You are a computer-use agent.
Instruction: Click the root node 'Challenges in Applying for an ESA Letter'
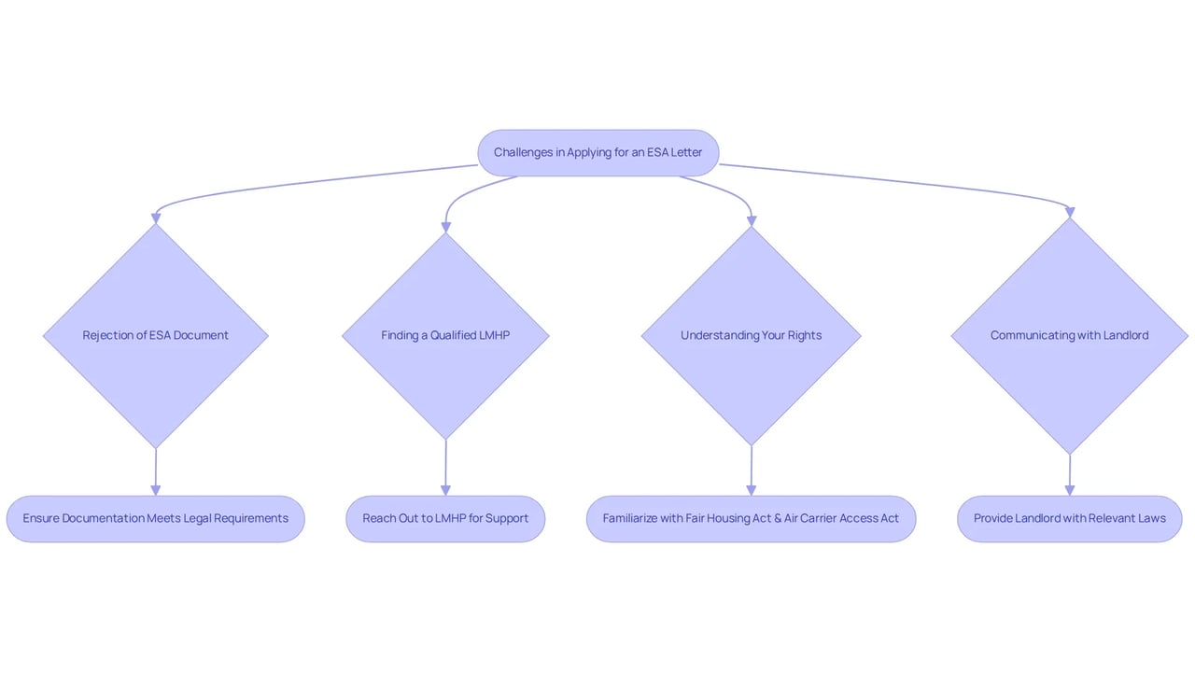click(598, 153)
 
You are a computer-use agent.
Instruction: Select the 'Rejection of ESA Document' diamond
click(156, 336)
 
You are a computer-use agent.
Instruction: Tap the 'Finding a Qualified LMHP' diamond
click(445, 336)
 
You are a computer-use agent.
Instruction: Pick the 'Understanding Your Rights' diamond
click(752, 336)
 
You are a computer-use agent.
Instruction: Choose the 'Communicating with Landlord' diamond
click(1070, 336)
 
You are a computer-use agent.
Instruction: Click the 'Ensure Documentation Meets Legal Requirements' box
click(156, 519)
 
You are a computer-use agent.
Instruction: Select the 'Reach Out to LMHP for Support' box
click(445, 519)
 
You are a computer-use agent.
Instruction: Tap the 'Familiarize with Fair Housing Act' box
click(752, 519)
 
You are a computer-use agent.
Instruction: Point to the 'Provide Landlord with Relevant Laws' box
click(1070, 519)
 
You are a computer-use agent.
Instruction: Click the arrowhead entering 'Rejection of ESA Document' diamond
click(156, 218)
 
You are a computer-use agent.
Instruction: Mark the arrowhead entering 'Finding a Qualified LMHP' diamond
click(446, 228)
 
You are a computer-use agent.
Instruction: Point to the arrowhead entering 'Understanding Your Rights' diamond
click(752, 221)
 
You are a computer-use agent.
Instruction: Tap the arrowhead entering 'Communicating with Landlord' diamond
click(1070, 213)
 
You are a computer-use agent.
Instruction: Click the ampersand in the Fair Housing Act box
click(778, 518)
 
